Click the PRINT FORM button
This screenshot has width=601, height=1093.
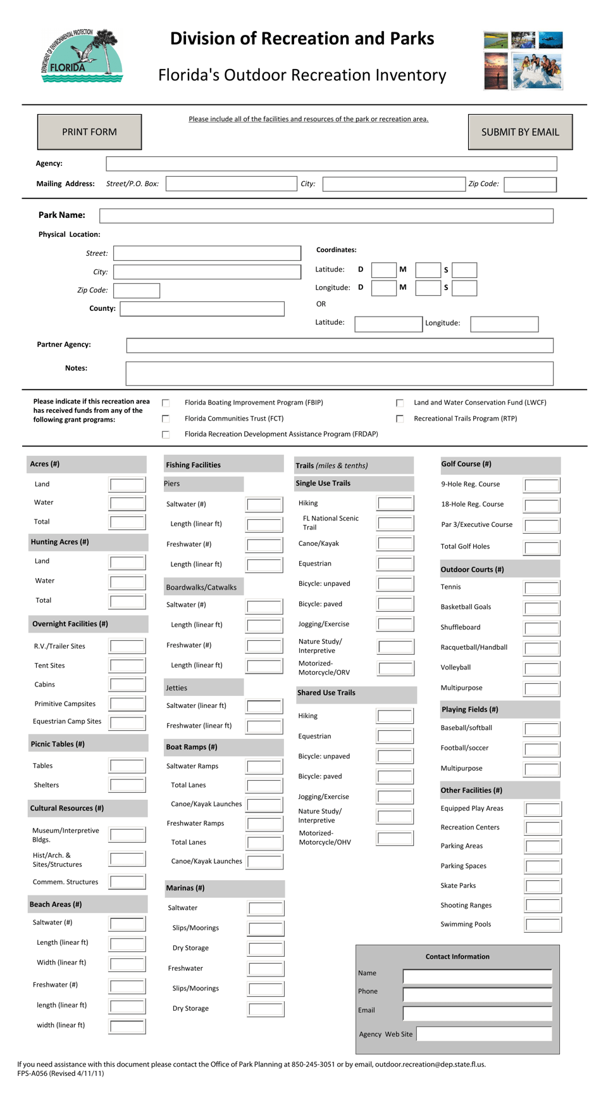click(x=89, y=132)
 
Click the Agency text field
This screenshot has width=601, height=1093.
click(x=331, y=164)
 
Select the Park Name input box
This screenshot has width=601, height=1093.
click(x=326, y=216)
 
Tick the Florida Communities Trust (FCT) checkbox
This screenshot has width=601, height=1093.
click(x=166, y=419)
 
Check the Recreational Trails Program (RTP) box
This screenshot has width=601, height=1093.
click(x=400, y=419)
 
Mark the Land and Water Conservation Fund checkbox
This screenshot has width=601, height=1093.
click(x=400, y=403)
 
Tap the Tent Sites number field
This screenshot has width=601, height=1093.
click(x=127, y=666)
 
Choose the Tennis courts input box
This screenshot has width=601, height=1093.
click(x=542, y=588)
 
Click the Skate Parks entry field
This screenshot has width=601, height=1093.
click(x=543, y=886)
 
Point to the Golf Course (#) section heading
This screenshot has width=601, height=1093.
click(x=466, y=464)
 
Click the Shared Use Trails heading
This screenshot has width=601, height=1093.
click(x=326, y=693)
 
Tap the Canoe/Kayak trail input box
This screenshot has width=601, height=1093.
click(x=395, y=543)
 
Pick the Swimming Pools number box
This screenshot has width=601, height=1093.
click(x=543, y=925)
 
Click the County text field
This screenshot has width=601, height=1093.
click(x=202, y=309)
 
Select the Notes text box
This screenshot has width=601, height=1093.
click(x=339, y=374)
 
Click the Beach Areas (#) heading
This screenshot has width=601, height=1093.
click(x=56, y=904)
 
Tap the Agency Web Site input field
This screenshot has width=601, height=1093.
click(x=484, y=1034)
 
